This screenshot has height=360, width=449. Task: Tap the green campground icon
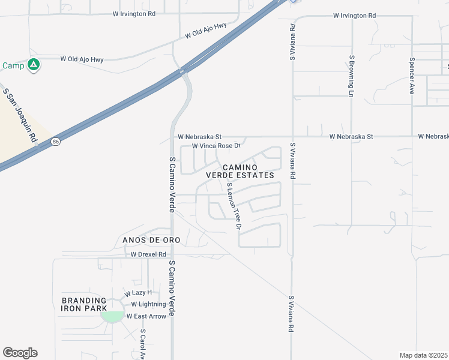(x=34, y=64)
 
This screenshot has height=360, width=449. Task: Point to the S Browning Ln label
(x=351, y=76)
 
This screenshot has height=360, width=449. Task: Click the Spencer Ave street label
(x=412, y=76)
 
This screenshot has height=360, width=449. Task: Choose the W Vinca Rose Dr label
(x=215, y=146)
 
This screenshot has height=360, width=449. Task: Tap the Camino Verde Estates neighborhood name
(x=240, y=171)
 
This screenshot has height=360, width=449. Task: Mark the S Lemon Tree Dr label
(x=234, y=207)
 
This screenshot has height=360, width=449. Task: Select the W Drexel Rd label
(x=148, y=254)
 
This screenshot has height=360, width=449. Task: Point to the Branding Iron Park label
(x=83, y=304)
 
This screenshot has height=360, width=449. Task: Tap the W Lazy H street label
(x=138, y=293)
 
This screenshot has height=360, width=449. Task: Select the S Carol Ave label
(x=143, y=344)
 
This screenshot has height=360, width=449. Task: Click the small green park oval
(x=112, y=316)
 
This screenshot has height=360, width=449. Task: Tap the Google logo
(x=20, y=353)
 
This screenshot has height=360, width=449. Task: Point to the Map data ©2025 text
(x=424, y=355)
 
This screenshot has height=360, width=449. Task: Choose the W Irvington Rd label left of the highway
(x=134, y=13)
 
